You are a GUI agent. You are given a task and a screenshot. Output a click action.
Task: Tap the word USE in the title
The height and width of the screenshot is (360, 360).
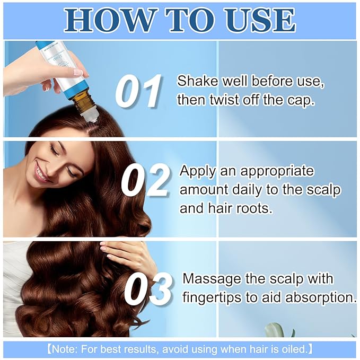click(x=257, y=20)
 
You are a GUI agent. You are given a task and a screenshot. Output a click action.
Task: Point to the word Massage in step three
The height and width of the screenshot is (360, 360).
click(x=207, y=279)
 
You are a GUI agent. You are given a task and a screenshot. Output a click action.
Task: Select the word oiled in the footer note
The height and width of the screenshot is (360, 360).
click(x=293, y=349)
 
